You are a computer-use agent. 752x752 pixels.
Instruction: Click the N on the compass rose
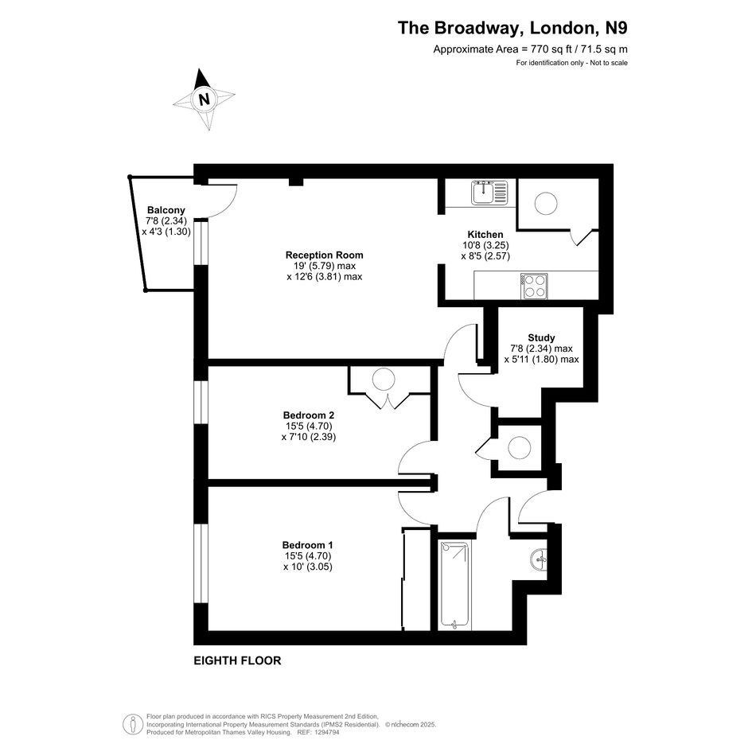coord(205,99)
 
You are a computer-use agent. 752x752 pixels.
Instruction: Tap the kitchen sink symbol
coord(489,193)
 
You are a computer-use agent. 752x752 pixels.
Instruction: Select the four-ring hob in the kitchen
coord(534,286)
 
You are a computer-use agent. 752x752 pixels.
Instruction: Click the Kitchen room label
coord(485,235)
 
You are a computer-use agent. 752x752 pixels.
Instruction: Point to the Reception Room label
coord(324,255)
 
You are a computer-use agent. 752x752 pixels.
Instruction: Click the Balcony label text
coord(166,210)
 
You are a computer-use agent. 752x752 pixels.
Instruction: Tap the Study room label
coord(541,337)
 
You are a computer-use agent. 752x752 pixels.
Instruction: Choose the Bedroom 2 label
coord(309,415)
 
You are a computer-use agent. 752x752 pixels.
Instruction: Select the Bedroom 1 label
coord(307,545)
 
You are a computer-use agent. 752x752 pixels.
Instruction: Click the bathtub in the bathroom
coord(454,586)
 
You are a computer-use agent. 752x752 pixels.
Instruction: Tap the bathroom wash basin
coord(540,559)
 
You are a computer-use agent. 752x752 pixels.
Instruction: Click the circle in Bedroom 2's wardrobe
coord(384,380)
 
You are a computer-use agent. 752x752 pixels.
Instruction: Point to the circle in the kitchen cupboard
coord(546,204)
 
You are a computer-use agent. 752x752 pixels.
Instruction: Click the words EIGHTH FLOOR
coord(237,660)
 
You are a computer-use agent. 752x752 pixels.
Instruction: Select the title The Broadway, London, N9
coord(512,28)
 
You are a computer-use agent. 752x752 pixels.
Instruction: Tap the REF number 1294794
coord(325,732)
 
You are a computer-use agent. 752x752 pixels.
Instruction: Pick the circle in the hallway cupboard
coord(520,448)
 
